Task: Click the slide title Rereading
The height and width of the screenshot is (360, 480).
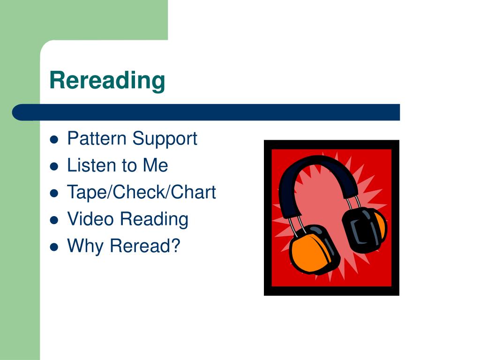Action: [107, 80]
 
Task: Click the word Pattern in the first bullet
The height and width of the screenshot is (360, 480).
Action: [97, 139]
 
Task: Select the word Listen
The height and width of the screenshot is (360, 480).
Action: [90, 165]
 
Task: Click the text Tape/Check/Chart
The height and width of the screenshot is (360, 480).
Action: [142, 192]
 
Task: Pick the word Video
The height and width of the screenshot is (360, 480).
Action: [90, 219]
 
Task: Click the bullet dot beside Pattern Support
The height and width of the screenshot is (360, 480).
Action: [54, 140]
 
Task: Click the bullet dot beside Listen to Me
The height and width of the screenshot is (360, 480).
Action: [54, 166]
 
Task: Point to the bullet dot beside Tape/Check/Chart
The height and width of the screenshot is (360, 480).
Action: [54, 193]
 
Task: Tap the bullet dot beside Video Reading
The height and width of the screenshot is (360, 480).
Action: [54, 220]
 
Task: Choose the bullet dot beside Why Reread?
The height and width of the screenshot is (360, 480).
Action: [54, 247]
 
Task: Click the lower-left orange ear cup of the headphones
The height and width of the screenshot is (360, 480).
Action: [309, 251]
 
